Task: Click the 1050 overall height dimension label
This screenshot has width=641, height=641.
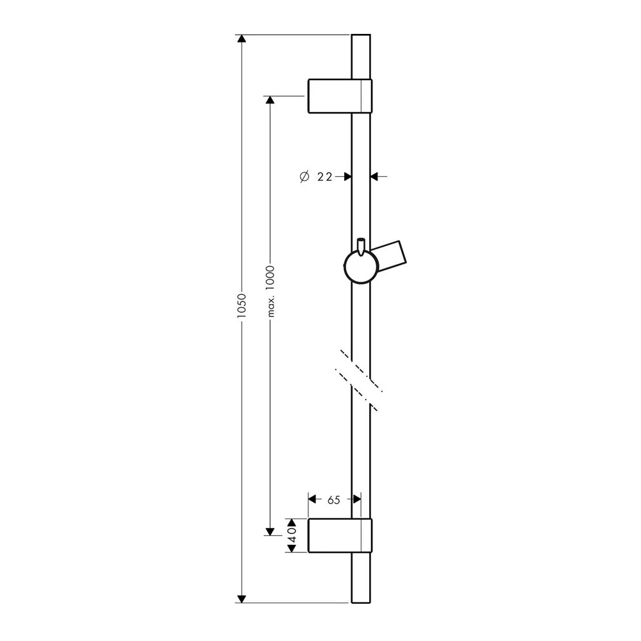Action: coord(242,306)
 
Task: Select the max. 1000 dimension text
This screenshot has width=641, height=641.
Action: coord(270,291)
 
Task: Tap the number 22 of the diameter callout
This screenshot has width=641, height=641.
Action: coord(324,177)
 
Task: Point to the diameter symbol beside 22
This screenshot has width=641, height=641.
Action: coord(304,177)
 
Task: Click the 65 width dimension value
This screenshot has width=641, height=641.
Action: coord(333,500)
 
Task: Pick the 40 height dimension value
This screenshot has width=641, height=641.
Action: coord(292,535)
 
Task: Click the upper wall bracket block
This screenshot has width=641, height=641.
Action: coord(340,96)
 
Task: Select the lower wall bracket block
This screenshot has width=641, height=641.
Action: coord(340,535)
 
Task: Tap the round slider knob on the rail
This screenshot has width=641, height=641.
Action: coord(360,267)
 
